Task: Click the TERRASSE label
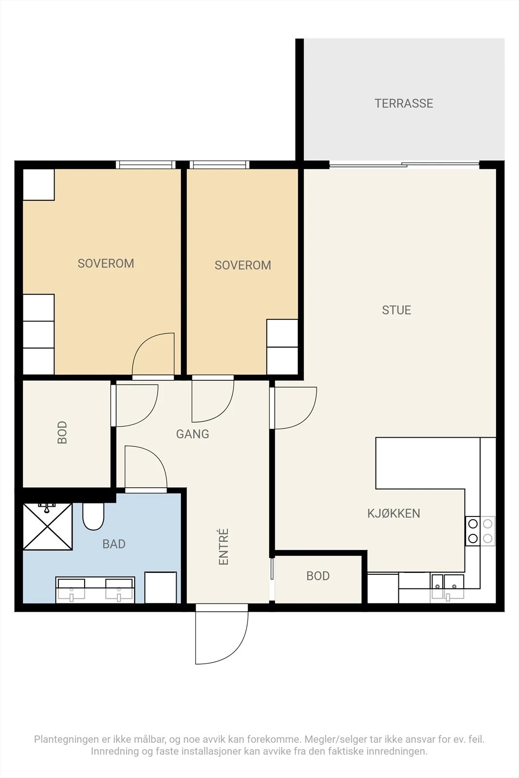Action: click(404, 103)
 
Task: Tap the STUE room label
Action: click(396, 310)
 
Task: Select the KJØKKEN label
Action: click(394, 513)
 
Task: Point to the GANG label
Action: click(193, 434)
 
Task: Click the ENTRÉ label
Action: click(223, 547)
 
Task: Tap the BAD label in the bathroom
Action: click(114, 544)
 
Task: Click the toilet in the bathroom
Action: click(93, 516)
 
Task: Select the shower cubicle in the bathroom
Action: click(48, 527)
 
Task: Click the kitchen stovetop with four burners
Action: click(480, 530)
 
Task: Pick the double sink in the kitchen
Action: click(447, 587)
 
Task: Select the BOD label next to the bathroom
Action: click(62, 432)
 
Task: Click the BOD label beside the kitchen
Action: click(318, 576)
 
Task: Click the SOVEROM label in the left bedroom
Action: click(106, 263)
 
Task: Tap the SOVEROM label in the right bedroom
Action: click(243, 265)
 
